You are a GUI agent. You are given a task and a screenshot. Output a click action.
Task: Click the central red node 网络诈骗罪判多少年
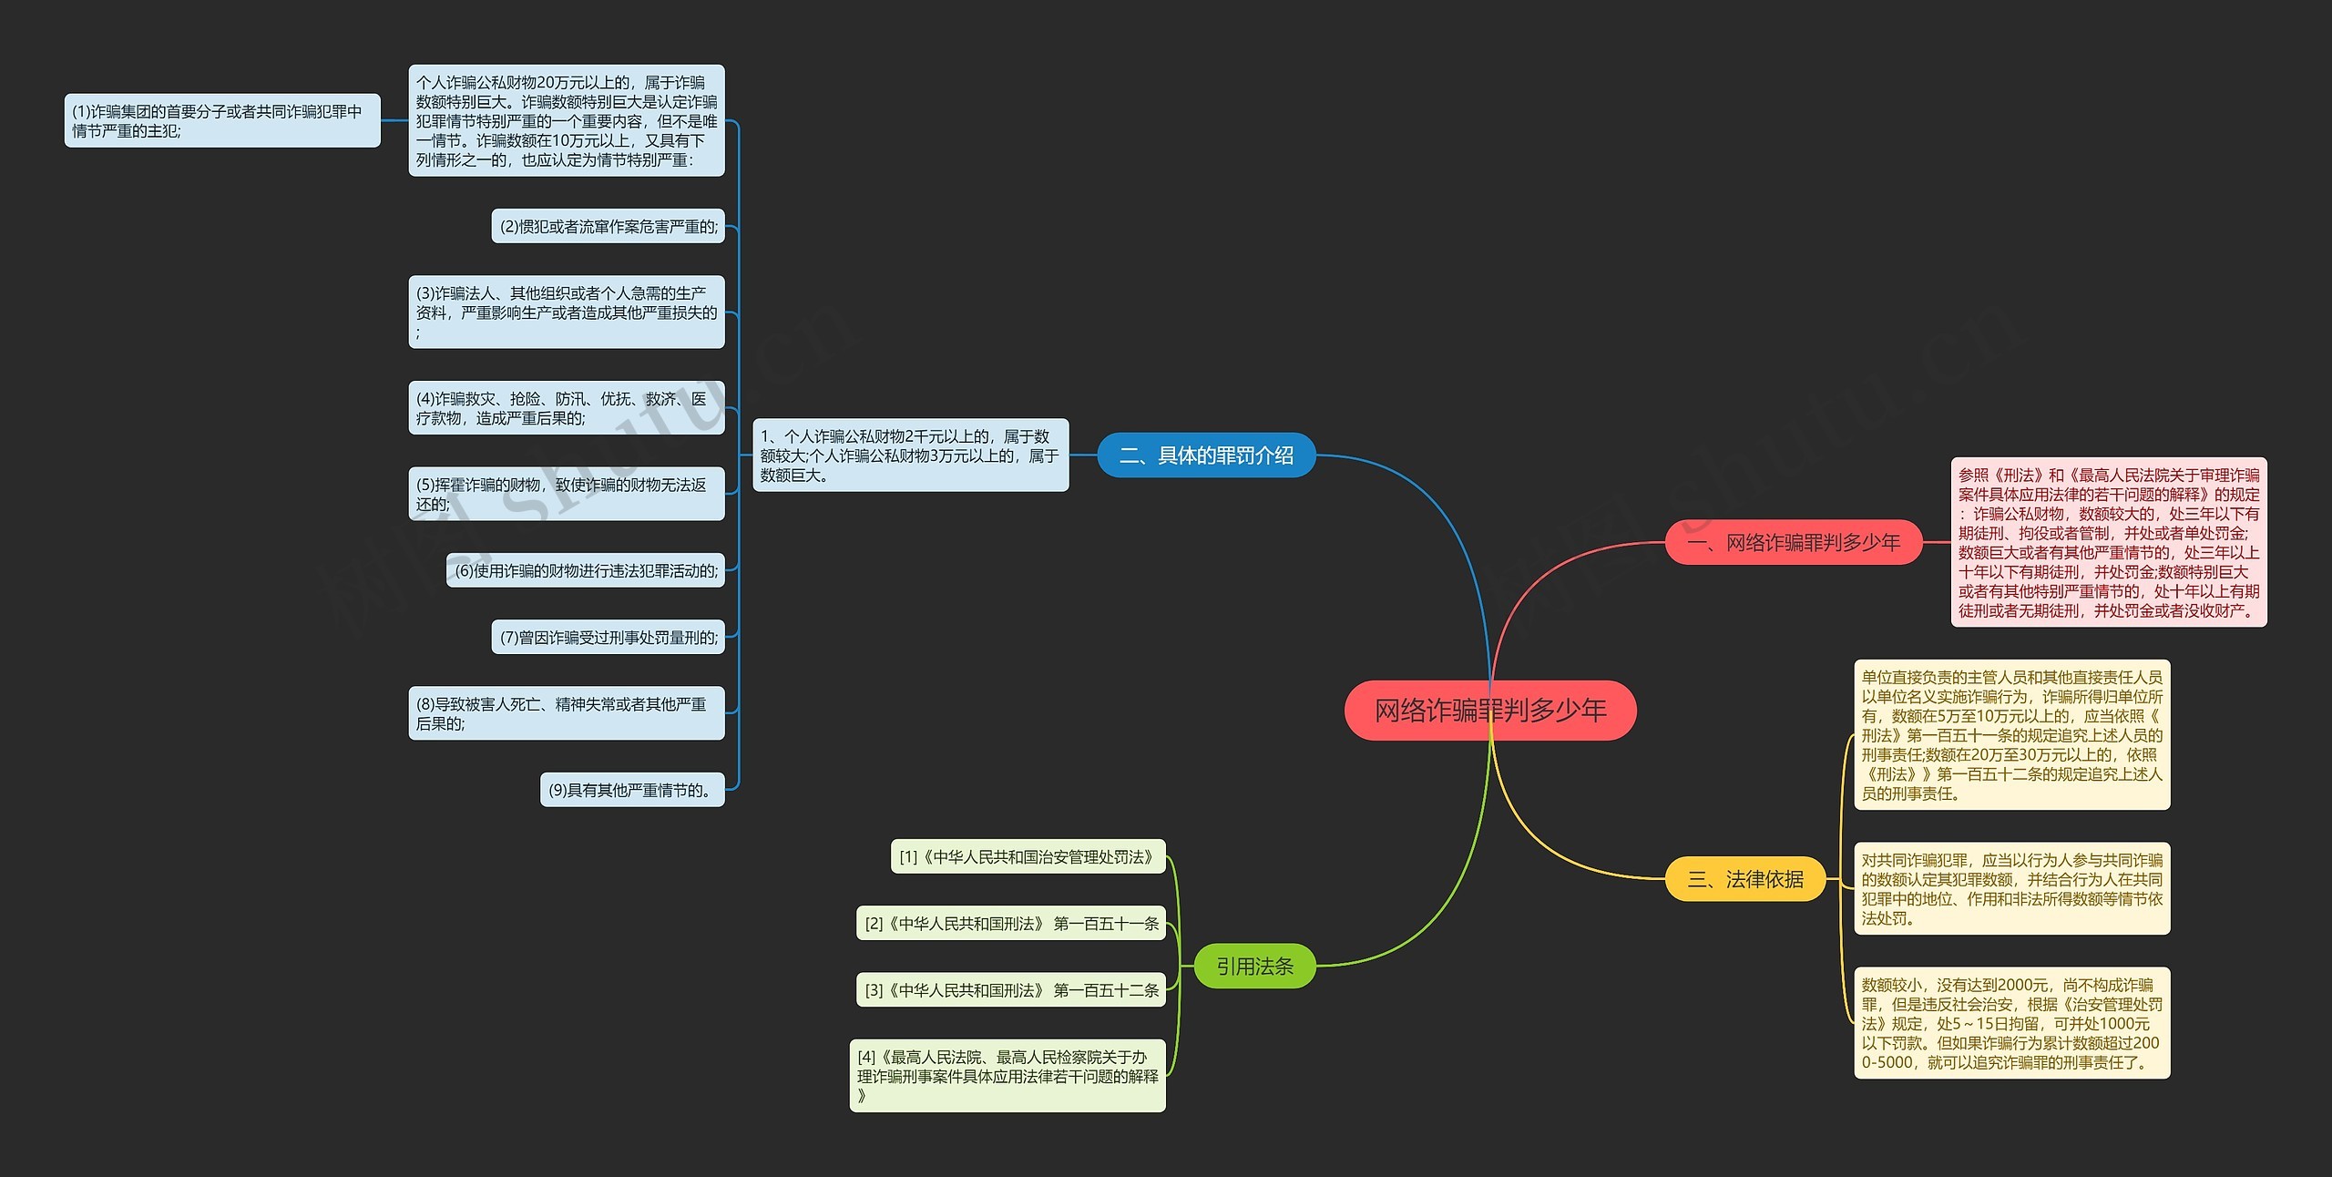pos(1489,710)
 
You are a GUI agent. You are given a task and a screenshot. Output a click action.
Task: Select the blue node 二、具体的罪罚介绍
pos(1205,455)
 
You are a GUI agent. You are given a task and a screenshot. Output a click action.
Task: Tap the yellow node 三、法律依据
pos(1744,879)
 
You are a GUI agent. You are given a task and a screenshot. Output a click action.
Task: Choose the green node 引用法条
pos(1254,966)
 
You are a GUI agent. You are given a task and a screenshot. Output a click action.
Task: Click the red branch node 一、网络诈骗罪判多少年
pos(1793,542)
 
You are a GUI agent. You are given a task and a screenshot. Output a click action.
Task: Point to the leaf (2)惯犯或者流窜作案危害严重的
pos(608,226)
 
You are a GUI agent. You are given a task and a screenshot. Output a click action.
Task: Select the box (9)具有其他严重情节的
pos(632,790)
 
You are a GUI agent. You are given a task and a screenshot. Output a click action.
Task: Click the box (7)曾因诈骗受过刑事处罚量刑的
pos(608,637)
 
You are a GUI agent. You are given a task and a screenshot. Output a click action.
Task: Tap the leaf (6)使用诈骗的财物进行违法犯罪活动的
pos(586,570)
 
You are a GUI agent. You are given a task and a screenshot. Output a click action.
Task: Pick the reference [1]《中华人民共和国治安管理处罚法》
pos(1028,856)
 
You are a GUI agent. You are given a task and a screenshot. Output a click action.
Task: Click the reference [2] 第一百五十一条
pos(1011,923)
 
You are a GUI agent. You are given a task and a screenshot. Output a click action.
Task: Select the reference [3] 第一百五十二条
pos(1011,989)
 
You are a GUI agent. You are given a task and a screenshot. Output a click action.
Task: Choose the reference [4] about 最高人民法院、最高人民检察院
pos(1007,1075)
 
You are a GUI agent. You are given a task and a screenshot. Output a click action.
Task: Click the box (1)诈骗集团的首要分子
pos(221,120)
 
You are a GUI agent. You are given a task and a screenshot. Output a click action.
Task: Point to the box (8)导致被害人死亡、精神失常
pos(566,713)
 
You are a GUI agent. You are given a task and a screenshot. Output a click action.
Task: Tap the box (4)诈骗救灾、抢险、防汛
pos(566,407)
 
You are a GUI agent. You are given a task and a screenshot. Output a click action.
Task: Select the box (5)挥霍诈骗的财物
pos(566,494)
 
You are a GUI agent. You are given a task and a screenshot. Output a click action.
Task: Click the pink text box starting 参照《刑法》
pos(2108,542)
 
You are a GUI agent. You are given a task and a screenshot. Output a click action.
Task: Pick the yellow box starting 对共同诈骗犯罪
pos(2011,888)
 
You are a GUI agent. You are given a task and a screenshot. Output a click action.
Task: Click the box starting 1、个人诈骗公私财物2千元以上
pos(910,455)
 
